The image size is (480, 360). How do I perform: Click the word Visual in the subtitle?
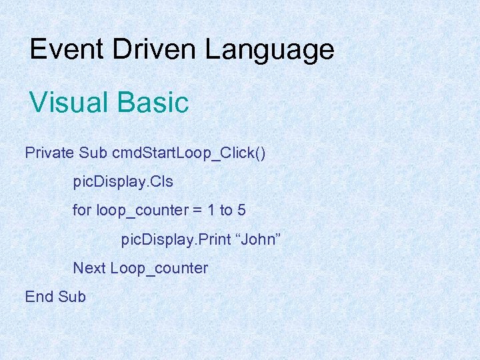[69, 103]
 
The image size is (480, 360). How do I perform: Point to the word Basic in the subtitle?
[153, 103]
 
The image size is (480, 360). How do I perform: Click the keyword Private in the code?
[49, 153]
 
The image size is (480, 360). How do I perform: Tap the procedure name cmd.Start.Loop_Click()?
[189, 153]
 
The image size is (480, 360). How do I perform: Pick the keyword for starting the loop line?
[82, 210]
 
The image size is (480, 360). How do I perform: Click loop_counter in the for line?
[143, 211]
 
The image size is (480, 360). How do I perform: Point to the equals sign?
[198, 211]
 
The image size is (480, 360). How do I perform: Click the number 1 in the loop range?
[211, 210]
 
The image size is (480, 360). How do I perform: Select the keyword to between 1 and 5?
[226, 210]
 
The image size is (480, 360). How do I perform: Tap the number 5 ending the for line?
[241, 210]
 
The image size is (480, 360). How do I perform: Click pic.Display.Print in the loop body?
[175, 239]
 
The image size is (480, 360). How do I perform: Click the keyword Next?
[89, 268]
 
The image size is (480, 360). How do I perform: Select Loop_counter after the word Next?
[159, 269]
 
